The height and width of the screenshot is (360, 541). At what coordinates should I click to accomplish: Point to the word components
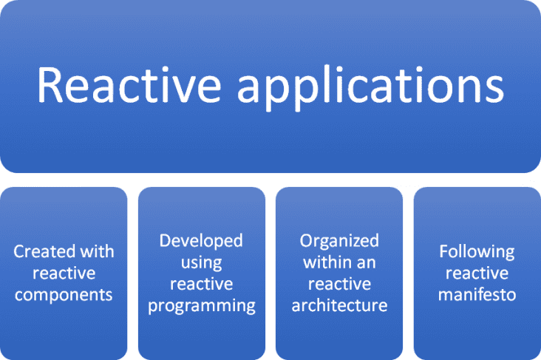pos(64,295)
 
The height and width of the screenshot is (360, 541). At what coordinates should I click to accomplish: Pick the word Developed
pos(202,240)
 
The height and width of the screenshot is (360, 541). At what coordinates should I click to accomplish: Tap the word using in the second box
pos(202,262)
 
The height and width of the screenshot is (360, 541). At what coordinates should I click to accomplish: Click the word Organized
pos(339,240)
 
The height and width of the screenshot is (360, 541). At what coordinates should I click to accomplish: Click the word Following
pos(477,251)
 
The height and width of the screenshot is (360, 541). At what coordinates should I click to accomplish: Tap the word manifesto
pos(477,295)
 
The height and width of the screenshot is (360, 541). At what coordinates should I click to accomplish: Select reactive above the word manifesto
pos(477,273)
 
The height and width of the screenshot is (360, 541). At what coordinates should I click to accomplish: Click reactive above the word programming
pos(202,284)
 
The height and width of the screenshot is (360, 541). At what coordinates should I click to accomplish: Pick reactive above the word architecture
pos(339,284)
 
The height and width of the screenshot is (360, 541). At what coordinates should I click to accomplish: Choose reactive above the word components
pos(64,273)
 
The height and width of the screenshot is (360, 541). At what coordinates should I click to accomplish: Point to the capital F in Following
pos(443,251)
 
